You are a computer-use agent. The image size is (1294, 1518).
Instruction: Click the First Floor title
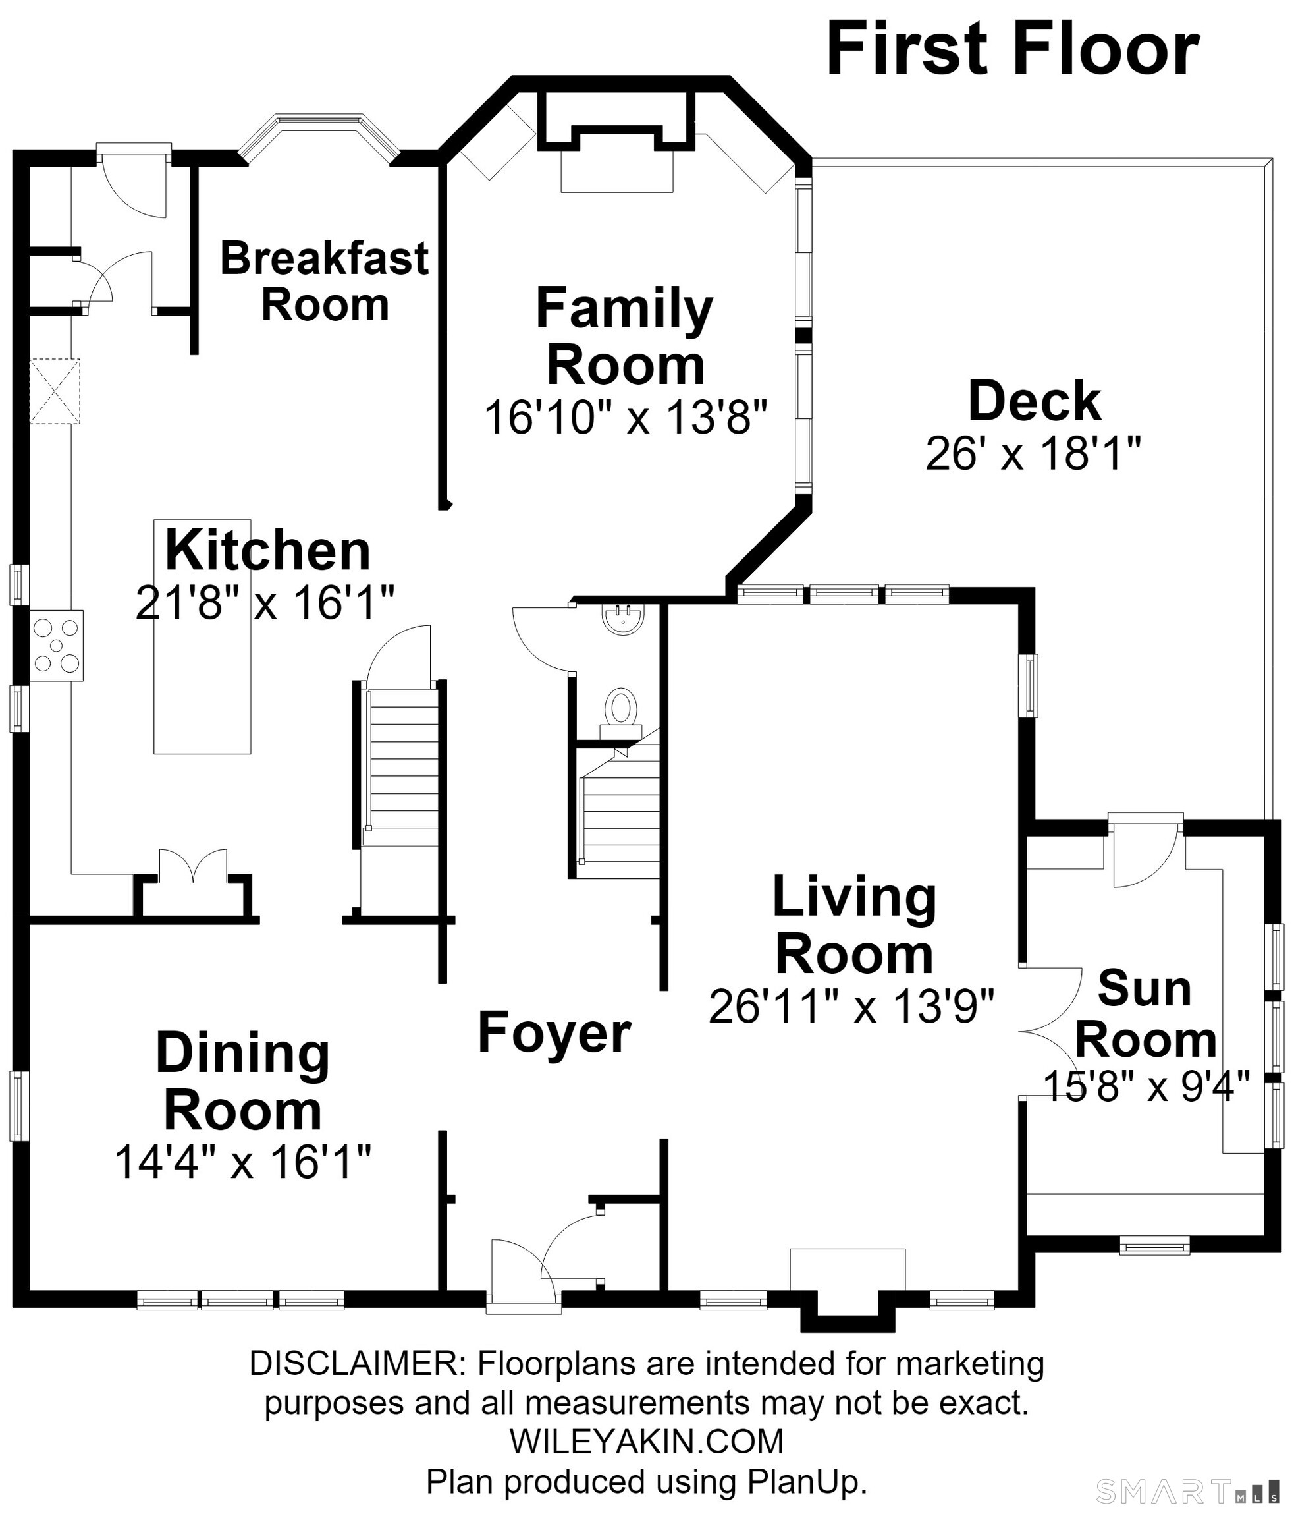tap(1013, 49)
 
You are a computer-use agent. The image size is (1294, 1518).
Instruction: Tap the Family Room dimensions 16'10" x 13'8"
tap(626, 418)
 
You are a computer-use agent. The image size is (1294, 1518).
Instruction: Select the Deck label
tap(1035, 401)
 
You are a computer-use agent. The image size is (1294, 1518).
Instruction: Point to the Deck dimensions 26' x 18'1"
tap(1033, 453)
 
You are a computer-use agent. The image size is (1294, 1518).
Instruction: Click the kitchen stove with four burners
tap(57, 646)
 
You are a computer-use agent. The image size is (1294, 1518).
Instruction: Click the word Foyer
tap(554, 1032)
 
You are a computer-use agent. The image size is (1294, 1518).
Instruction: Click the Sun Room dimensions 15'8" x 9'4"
tap(1146, 1086)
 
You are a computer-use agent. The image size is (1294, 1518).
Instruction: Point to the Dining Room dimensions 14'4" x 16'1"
tap(243, 1162)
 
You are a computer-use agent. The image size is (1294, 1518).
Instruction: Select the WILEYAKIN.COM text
tap(647, 1442)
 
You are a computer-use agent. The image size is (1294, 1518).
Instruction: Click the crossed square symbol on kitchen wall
tap(54, 391)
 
